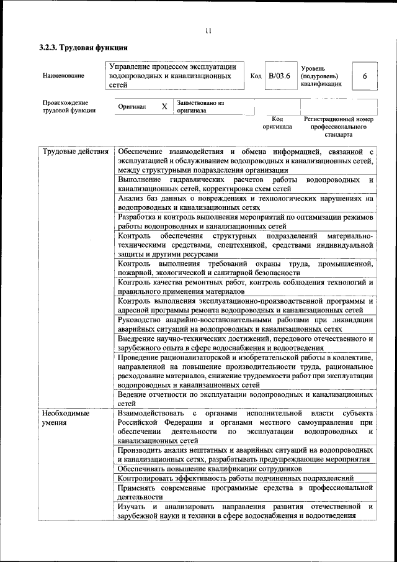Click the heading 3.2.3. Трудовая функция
pos(83,47)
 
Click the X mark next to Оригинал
pos(164,106)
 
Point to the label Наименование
pos(63,76)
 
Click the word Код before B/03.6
pos(256,76)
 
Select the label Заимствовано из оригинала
pos(200,106)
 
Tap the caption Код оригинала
pos(277,122)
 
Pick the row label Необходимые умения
pos(66,417)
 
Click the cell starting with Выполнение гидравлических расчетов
pos(246,184)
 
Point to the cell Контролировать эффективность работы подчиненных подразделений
pos(236,479)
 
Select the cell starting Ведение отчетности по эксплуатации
pos(246,398)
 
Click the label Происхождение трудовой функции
pos(69,106)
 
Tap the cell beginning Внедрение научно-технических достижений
pos(246,343)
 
